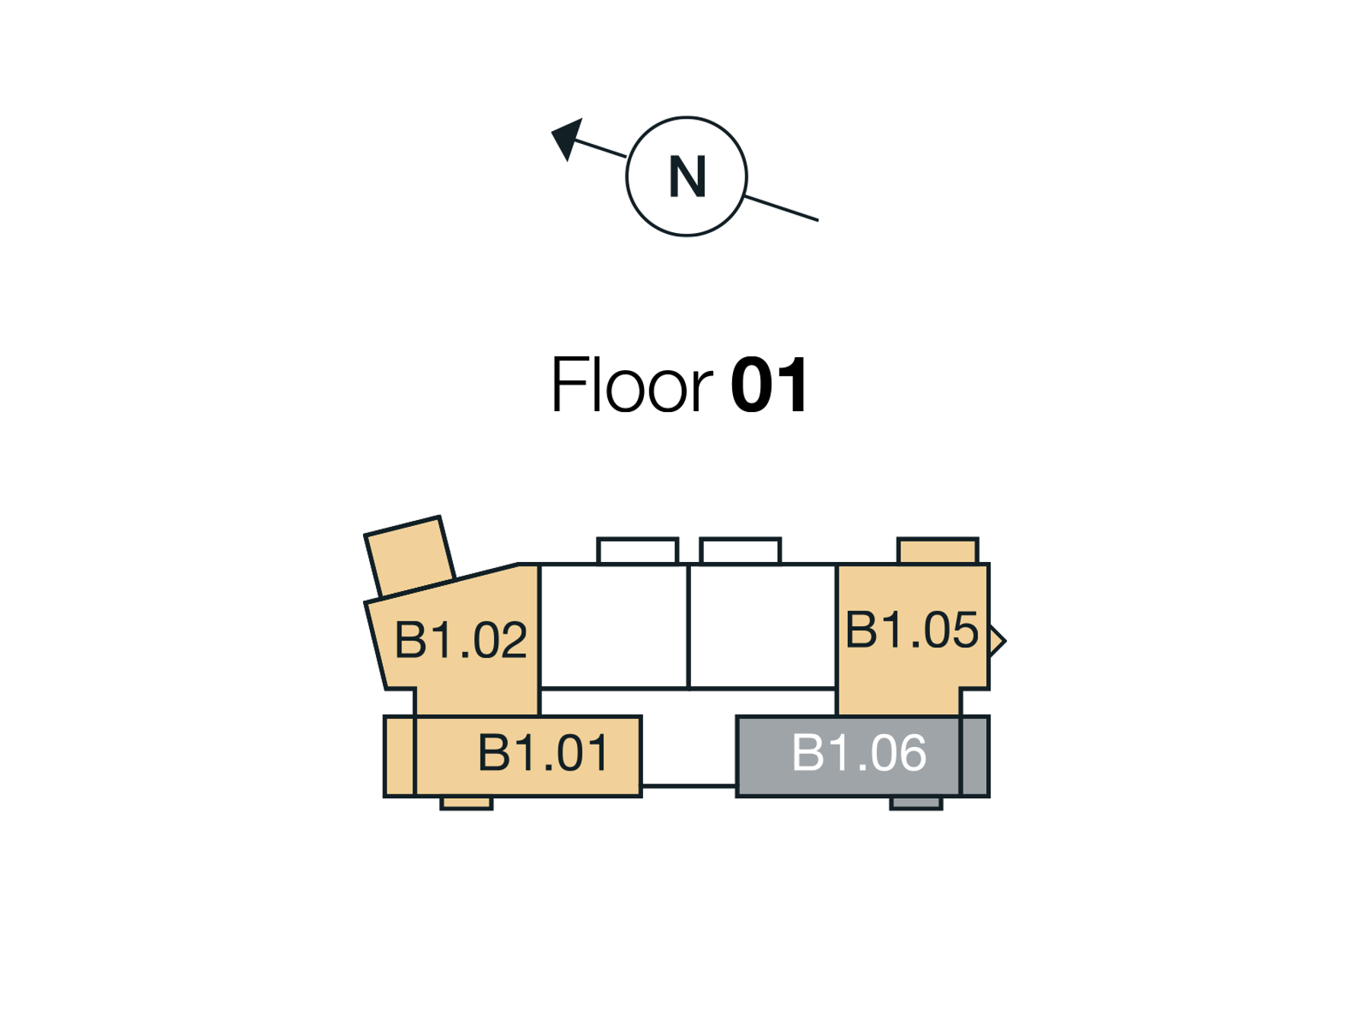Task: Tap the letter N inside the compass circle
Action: pyautogui.click(x=687, y=177)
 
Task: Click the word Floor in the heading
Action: pyautogui.click(x=631, y=385)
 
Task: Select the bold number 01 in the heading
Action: pyautogui.click(x=769, y=385)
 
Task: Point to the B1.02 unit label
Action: pyautogui.click(x=460, y=639)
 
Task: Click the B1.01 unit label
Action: pyautogui.click(x=543, y=753)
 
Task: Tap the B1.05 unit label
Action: pyautogui.click(x=911, y=630)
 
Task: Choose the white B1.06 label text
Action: pyautogui.click(x=859, y=753)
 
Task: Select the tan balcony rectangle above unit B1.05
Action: pyautogui.click(x=937, y=551)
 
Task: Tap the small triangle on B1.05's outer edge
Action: pyautogui.click(x=996, y=640)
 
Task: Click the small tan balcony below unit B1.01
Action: pyautogui.click(x=466, y=803)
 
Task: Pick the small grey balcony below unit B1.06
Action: pyautogui.click(x=916, y=803)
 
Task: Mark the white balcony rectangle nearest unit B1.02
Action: pyautogui.click(x=637, y=551)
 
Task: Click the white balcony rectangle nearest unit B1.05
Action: pyautogui.click(x=740, y=551)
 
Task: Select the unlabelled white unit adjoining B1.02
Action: pyautogui.click(x=613, y=626)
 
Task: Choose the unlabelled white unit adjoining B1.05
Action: pyautogui.click(x=762, y=626)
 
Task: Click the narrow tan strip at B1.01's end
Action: pyautogui.click(x=400, y=756)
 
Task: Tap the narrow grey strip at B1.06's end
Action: pyautogui.click(x=974, y=756)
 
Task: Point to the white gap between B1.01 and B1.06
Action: pyautogui.click(x=688, y=750)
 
